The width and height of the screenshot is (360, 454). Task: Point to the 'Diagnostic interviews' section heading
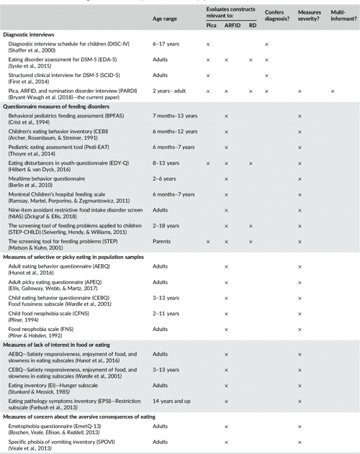tap(31, 35)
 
